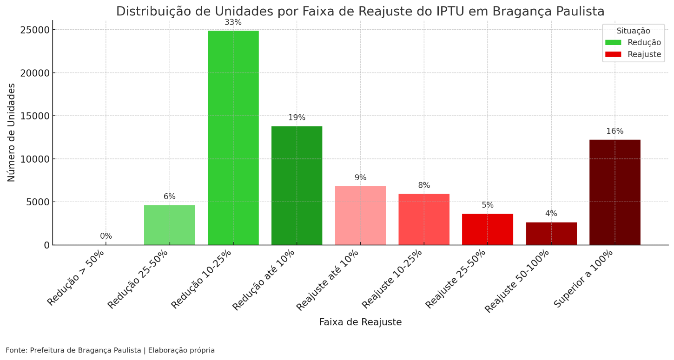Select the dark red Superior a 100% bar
615,192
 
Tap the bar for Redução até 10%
297,185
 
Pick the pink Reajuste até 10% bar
360,216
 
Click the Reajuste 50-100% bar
551,233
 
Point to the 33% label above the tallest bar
233,22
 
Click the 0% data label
106,236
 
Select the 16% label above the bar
615,131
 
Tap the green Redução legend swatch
613,43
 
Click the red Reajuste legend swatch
613,54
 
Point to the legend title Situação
633,31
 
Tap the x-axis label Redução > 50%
76,278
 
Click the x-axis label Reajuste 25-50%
456,279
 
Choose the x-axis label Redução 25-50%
138,279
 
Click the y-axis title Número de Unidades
12,132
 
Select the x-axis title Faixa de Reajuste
360,322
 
